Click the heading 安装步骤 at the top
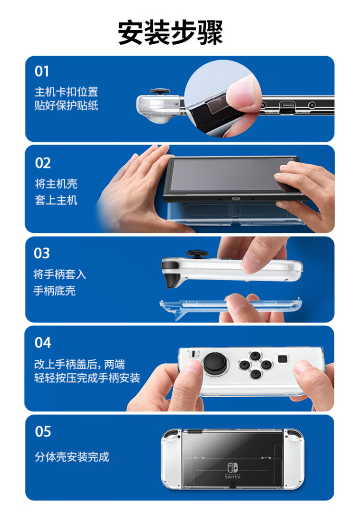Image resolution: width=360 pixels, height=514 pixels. [170, 33]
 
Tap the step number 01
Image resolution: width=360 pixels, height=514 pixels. [42, 71]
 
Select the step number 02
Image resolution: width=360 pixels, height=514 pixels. [43, 163]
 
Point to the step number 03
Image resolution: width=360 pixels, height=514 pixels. [42, 253]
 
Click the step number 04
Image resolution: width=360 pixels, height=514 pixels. [43, 343]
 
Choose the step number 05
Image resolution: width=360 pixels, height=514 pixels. [43, 431]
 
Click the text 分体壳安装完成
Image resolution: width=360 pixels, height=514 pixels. [72, 457]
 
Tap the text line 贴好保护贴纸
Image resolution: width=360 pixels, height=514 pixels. [66, 105]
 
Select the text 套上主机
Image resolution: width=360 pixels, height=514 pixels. [56, 200]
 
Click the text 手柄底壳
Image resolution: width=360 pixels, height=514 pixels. [54, 291]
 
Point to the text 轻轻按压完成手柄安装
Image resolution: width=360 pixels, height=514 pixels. [87, 378]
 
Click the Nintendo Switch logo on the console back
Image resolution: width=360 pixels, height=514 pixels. [233, 471]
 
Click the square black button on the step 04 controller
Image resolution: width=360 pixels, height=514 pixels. [282, 359]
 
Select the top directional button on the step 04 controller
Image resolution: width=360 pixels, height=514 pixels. [255, 355]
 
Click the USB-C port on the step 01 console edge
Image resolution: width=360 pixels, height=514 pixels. [287, 105]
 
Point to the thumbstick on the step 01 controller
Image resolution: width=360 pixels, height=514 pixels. [160, 92]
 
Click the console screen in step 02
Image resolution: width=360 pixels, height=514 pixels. [231, 174]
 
